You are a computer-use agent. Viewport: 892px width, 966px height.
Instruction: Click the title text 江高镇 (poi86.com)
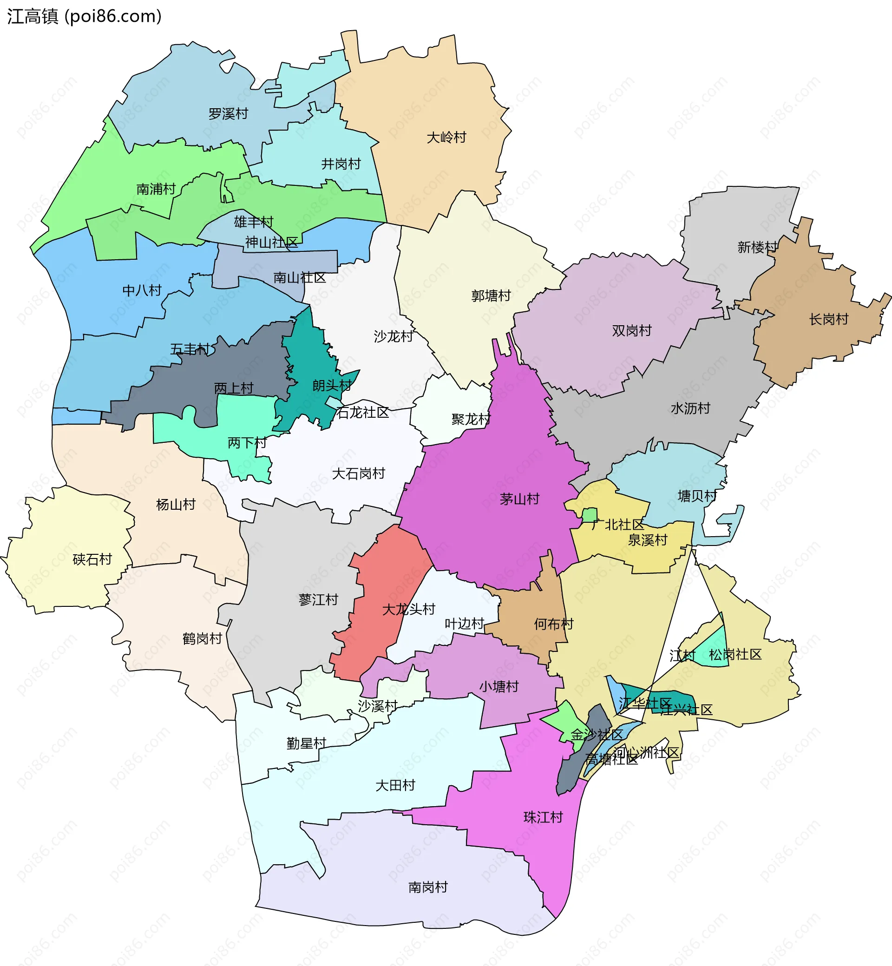tap(85, 16)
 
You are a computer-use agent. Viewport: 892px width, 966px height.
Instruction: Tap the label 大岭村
tap(446, 138)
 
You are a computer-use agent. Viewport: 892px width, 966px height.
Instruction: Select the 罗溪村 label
tap(228, 114)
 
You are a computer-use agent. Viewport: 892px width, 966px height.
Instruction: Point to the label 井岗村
tap(341, 164)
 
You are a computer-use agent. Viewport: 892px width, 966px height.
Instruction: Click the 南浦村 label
tap(156, 189)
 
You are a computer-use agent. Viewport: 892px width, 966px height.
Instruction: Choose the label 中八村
tap(142, 290)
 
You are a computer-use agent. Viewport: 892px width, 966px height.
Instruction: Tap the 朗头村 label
tap(332, 385)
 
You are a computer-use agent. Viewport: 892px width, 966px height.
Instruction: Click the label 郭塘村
tap(491, 296)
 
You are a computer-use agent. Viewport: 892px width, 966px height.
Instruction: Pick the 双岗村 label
tap(632, 331)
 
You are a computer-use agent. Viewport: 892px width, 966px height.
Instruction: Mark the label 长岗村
tap(829, 319)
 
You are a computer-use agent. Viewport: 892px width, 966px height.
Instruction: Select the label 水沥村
tap(691, 408)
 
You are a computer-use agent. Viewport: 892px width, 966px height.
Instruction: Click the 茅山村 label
tap(519, 499)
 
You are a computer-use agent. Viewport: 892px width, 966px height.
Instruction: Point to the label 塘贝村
tap(697, 496)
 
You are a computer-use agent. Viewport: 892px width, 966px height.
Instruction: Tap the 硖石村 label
tap(92, 559)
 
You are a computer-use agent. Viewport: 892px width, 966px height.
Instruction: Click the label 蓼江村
tap(319, 599)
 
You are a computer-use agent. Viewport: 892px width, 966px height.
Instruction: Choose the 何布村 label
tap(554, 624)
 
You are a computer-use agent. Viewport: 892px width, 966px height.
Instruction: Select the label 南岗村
tap(428, 887)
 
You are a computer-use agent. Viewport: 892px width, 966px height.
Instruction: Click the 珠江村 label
tap(544, 817)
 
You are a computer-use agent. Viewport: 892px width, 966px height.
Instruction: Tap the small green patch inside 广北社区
tap(590, 515)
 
